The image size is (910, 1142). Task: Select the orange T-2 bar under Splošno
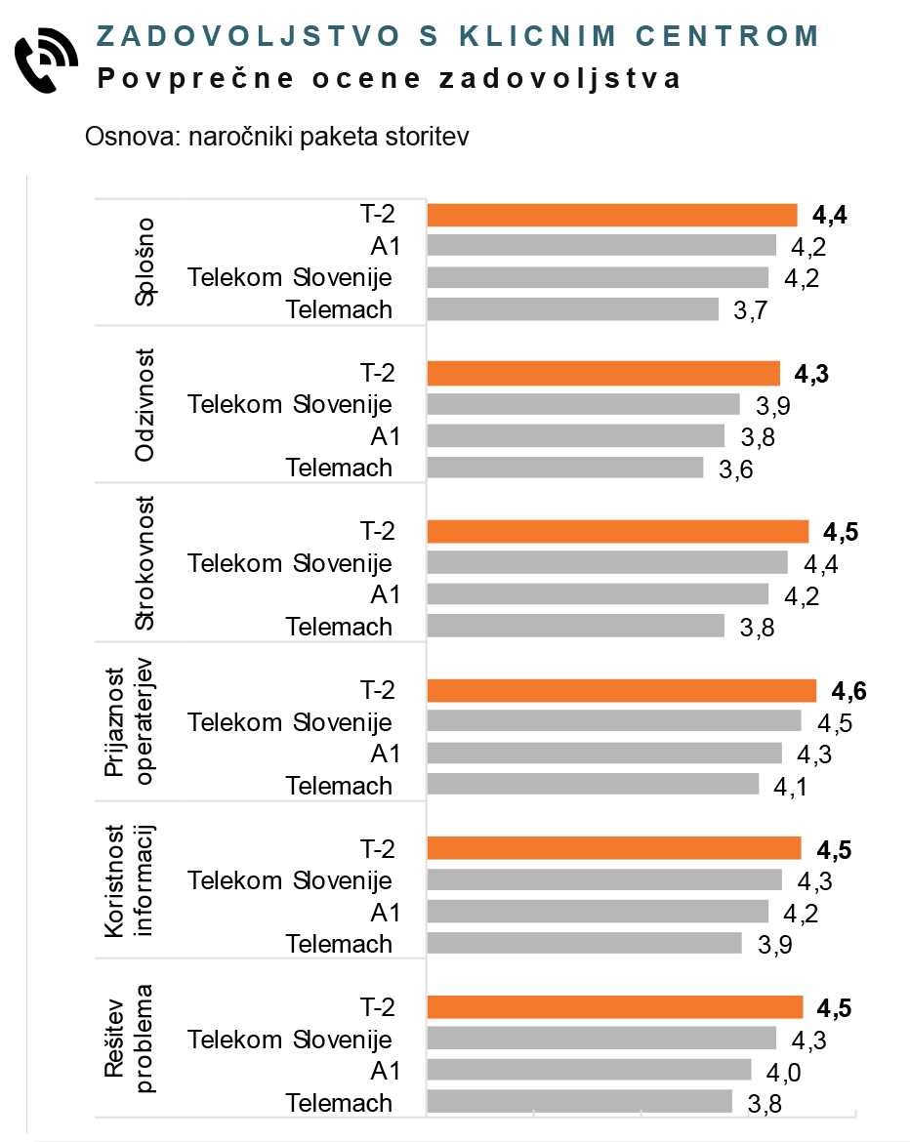[x=612, y=215]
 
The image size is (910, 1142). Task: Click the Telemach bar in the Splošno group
[x=573, y=309]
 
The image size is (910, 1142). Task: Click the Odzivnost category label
[x=145, y=403]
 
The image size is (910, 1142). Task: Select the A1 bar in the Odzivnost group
[x=576, y=435]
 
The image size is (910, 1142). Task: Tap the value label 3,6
[x=737, y=469]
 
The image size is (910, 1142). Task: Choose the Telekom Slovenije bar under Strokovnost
[x=607, y=562]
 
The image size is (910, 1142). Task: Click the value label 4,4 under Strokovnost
[x=821, y=564]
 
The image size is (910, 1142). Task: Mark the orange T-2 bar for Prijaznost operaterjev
[x=621, y=691]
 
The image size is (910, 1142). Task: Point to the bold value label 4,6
[x=848, y=692]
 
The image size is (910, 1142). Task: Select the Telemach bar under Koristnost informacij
[x=584, y=943]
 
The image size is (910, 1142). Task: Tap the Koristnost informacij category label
[x=129, y=879]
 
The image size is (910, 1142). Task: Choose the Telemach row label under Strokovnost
[x=339, y=627]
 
